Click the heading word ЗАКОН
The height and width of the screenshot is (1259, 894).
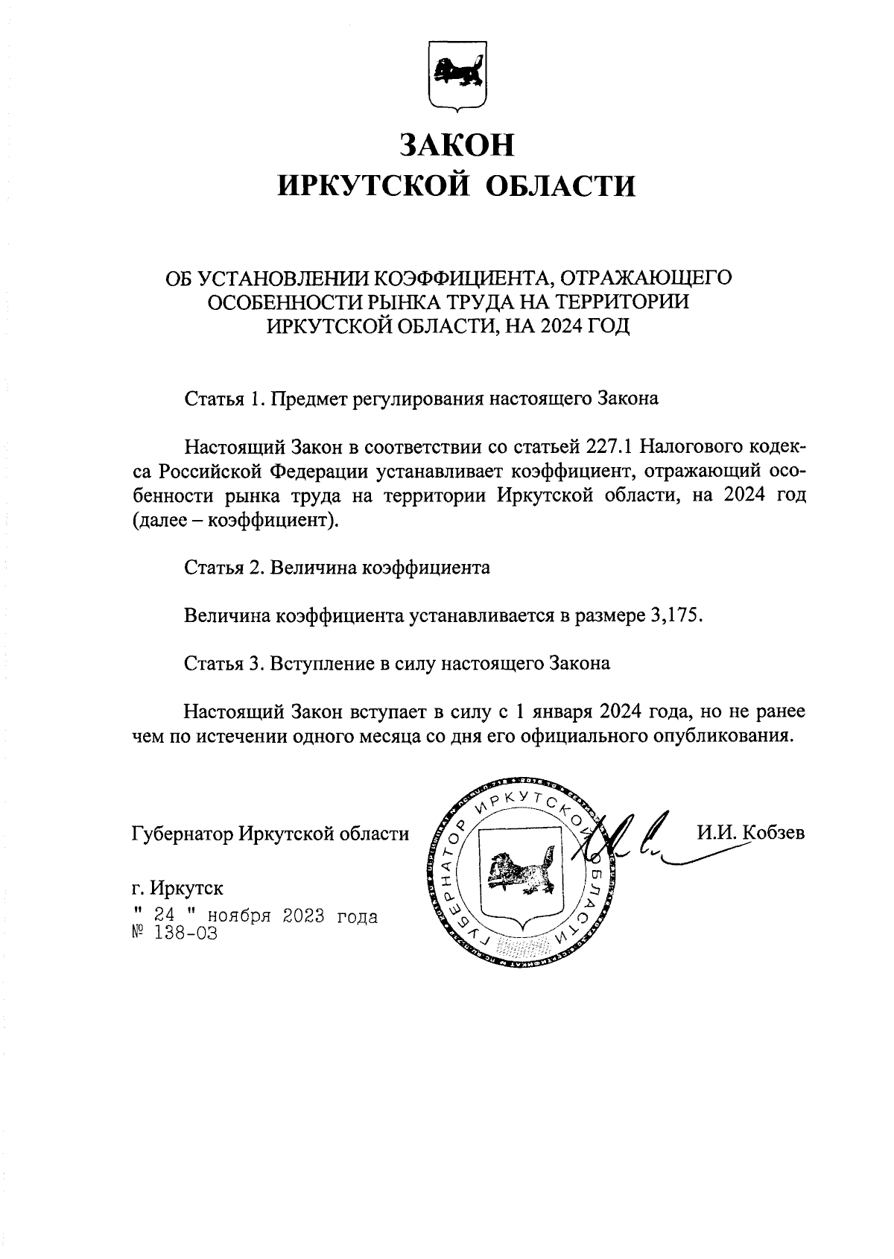pyautogui.click(x=456, y=145)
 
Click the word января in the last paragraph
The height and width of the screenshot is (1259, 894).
pyautogui.click(x=555, y=711)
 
